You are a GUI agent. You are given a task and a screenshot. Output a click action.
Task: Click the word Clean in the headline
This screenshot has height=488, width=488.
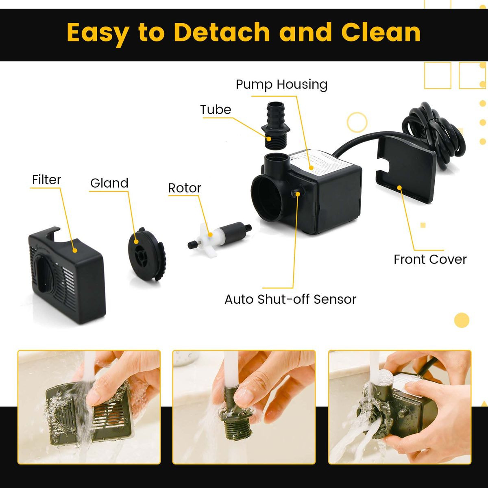click(381, 33)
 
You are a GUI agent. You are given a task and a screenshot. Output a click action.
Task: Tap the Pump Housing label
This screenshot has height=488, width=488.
click(281, 85)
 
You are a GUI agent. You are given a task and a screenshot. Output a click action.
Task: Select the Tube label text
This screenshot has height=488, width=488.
click(215, 110)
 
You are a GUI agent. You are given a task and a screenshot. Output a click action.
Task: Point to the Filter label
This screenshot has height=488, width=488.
click(46, 180)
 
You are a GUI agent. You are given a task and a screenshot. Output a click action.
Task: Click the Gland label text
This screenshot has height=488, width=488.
click(109, 183)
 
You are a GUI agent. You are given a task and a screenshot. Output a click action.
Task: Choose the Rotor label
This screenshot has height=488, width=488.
click(184, 188)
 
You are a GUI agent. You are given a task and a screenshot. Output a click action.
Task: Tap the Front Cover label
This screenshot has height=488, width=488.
click(430, 259)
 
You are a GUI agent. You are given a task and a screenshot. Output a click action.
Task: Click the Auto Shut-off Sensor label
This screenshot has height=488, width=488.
click(290, 299)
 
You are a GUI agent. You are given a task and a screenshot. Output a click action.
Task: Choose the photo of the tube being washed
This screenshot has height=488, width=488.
click(244, 407)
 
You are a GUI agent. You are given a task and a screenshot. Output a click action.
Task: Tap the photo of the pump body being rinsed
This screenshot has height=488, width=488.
click(399, 407)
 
